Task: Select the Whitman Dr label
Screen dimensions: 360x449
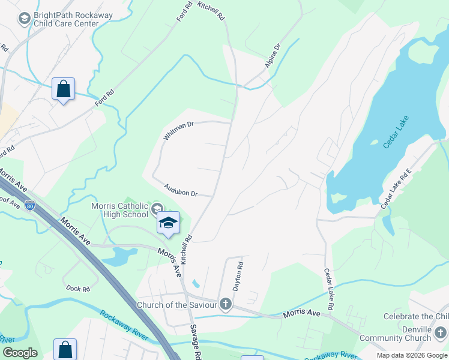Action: [179, 131]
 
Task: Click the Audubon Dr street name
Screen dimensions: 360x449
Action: [181, 190]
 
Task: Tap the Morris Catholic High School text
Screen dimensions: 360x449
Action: [119, 210]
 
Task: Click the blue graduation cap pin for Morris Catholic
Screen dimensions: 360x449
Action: [168, 222]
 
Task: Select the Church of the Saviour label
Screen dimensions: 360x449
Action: [176, 305]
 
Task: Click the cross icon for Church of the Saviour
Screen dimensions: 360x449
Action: [225, 304]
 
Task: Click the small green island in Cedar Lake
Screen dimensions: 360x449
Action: [375, 143]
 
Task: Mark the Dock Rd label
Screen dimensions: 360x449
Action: [78, 289]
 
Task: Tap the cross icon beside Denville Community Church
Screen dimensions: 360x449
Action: [441, 332]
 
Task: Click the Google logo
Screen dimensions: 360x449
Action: [19, 353]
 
